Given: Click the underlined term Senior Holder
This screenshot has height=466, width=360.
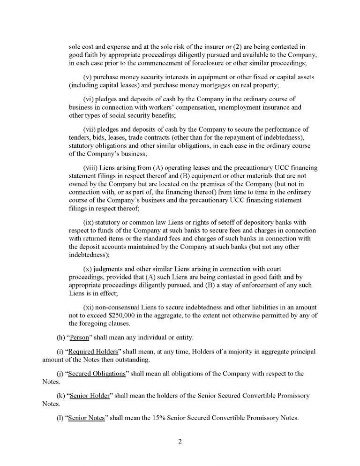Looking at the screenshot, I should tap(89, 396).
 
